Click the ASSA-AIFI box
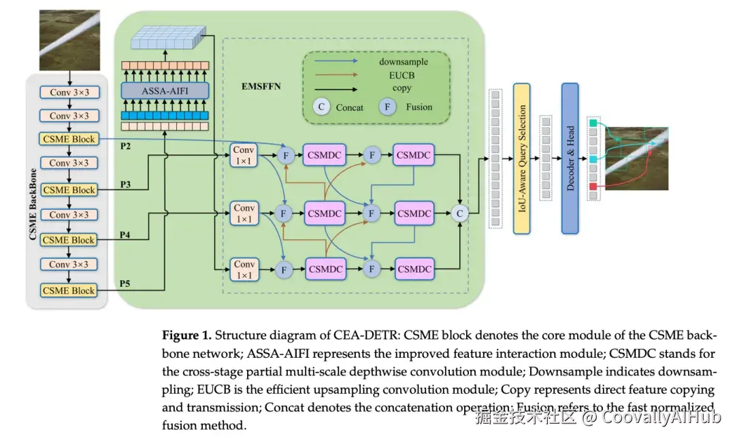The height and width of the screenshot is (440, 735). tap(165, 90)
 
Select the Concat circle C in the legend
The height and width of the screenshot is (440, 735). tap(321, 107)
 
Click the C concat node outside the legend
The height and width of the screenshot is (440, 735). tap(460, 213)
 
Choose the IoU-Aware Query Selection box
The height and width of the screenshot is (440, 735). tap(521, 158)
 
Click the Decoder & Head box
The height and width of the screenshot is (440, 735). tap(570, 158)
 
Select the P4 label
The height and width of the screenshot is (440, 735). tap(125, 235)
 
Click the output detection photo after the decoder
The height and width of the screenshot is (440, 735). tap(636, 158)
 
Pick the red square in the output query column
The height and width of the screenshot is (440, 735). tap(593, 186)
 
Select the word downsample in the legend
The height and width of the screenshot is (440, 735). tap(404, 62)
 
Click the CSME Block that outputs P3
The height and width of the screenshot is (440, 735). tap(69, 190)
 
